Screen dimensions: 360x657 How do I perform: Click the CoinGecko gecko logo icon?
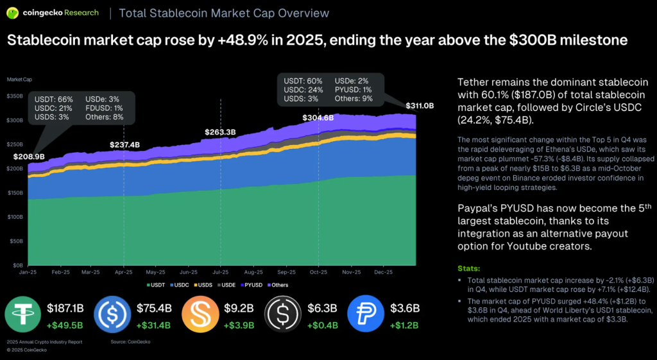(12, 12)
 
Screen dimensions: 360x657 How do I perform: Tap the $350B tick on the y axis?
(15, 96)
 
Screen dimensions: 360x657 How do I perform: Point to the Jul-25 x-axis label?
(221, 271)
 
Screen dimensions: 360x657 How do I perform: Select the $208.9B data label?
(29, 156)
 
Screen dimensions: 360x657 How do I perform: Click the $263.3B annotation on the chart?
(220, 132)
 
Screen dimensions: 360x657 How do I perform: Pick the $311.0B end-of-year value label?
(420, 106)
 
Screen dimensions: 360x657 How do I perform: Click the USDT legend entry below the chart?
(157, 285)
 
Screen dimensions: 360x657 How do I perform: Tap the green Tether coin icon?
(23, 316)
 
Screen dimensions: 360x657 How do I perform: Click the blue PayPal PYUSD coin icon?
(366, 316)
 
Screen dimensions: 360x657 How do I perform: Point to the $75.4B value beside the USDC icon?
(153, 309)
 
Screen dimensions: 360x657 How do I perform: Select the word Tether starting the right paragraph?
(473, 83)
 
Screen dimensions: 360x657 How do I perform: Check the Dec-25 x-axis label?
(384, 271)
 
